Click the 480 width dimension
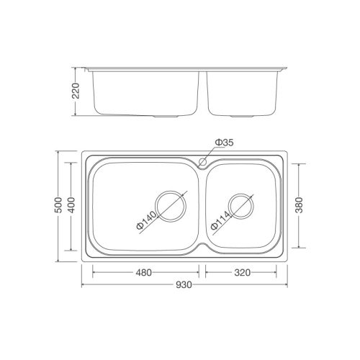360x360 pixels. (143, 273)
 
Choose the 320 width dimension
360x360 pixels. (242, 273)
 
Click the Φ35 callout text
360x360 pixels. (225, 143)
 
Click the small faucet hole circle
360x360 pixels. (203, 162)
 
